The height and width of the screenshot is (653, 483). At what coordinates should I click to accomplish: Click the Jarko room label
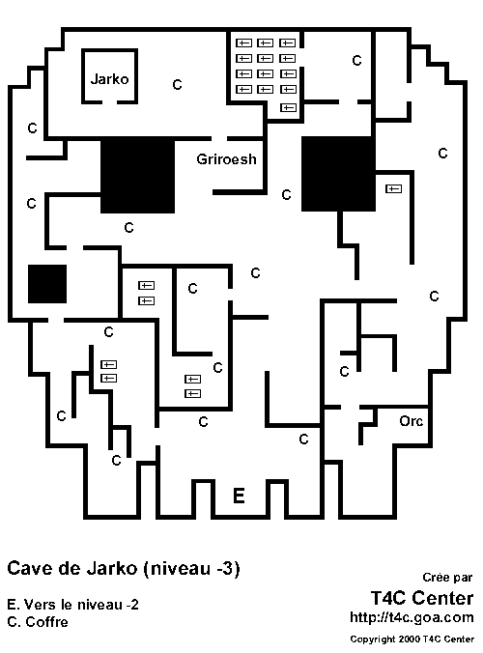(x=109, y=78)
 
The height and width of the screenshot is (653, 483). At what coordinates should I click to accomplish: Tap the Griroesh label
(x=226, y=159)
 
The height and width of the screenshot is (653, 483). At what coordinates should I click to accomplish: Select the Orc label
(x=411, y=421)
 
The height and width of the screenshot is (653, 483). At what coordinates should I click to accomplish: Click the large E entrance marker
(x=239, y=496)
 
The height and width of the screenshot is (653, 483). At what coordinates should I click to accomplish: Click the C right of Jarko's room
(x=177, y=85)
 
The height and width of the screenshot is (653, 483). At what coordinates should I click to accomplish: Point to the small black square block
(x=47, y=284)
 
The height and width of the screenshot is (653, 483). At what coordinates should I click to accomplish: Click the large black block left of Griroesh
(x=137, y=176)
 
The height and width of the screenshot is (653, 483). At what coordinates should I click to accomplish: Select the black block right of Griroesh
(x=338, y=174)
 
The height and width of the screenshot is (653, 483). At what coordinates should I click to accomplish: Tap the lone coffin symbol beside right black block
(x=393, y=189)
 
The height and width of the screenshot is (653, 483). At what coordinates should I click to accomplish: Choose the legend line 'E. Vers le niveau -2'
(x=72, y=605)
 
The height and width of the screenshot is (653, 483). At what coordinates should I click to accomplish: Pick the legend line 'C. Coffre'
(x=38, y=622)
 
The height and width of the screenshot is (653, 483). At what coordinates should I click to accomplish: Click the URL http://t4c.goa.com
(x=412, y=617)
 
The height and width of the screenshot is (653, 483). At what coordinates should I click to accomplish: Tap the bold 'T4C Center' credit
(x=422, y=598)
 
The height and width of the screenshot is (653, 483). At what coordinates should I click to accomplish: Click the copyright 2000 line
(x=412, y=639)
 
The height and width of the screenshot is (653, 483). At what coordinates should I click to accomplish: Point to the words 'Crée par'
(x=447, y=578)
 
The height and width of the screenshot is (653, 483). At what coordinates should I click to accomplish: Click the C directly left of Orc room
(x=303, y=439)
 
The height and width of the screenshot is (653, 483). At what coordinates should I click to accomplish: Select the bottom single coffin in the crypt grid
(x=288, y=107)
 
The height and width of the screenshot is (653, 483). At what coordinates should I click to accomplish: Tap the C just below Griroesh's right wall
(x=286, y=194)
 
